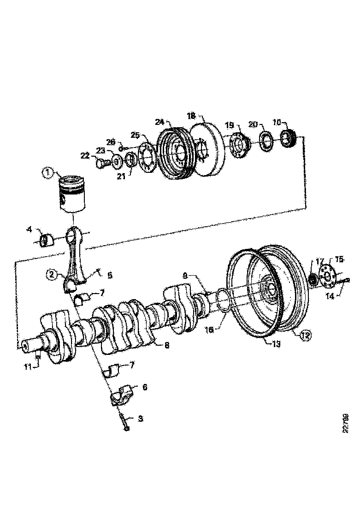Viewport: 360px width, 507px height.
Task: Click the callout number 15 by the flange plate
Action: coord(339,260)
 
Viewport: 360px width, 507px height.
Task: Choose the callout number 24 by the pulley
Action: coord(159,122)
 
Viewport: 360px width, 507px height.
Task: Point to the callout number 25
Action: coord(135,135)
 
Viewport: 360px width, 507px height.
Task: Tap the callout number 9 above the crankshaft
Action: coord(185,276)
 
